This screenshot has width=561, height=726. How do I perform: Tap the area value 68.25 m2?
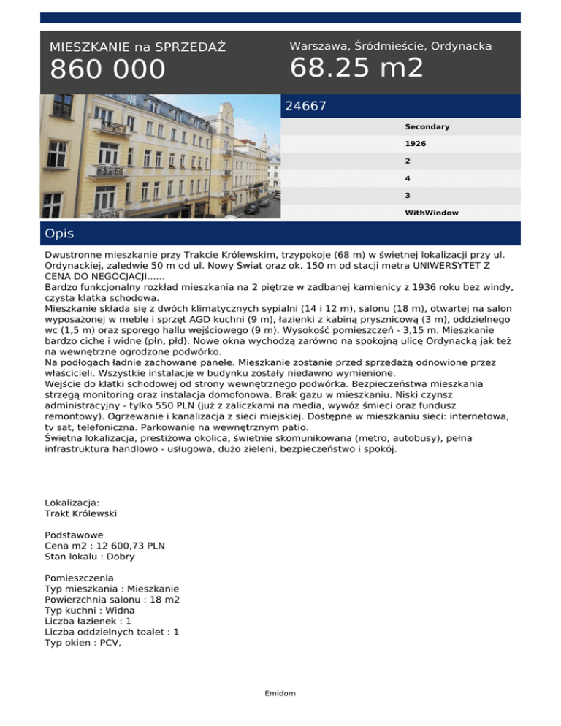356,68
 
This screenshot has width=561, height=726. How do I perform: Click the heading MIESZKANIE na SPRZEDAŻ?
137,47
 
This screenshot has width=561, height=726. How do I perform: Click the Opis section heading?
59,234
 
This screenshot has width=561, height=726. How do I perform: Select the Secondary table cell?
427,127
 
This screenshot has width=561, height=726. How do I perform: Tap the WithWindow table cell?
432,213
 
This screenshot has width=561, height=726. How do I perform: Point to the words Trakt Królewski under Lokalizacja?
81,513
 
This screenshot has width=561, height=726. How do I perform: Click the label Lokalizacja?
72,503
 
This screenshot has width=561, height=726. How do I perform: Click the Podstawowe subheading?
74,535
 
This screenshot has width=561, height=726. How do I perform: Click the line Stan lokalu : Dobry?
90,557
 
